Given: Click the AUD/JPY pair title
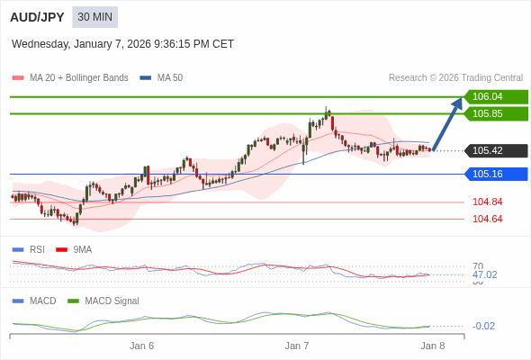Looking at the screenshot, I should (37, 17).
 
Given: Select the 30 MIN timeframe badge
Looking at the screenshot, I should (94, 17).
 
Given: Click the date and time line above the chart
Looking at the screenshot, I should (122, 43).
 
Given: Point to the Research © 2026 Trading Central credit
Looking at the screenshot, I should (455, 78).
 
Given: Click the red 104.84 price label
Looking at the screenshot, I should (487, 202).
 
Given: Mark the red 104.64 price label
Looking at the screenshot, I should (487, 219).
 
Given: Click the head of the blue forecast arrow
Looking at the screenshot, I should (457, 103).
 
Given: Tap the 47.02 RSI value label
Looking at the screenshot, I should (484, 274).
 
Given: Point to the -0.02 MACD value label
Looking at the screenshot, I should (483, 326).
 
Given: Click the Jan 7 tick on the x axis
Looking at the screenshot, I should (297, 346).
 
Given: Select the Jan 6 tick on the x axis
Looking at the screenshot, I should (141, 346).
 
